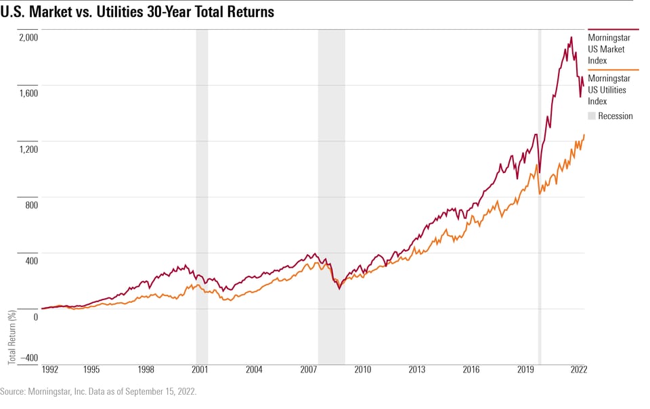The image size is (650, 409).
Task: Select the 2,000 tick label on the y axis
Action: [x=28, y=37]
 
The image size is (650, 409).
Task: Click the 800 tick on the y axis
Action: [x=30, y=204]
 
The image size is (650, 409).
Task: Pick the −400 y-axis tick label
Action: [x=27, y=358]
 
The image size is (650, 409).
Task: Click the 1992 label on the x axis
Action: [x=51, y=370]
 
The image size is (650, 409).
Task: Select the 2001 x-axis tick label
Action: [x=200, y=370]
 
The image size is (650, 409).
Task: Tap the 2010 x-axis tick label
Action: [x=362, y=370]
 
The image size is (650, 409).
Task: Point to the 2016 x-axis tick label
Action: [x=471, y=370]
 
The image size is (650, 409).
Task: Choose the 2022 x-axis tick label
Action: [x=579, y=370]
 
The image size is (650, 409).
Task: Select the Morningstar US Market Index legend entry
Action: [x=606, y=49]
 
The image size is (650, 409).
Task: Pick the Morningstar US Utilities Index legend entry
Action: [x=606, y=90]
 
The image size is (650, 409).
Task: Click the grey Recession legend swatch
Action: [x=591, y=116]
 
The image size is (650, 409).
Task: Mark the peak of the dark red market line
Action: [x=571, y=37]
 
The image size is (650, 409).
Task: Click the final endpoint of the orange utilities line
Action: [x=584, y=135]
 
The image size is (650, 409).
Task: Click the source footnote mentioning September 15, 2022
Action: [x=98, y=392]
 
